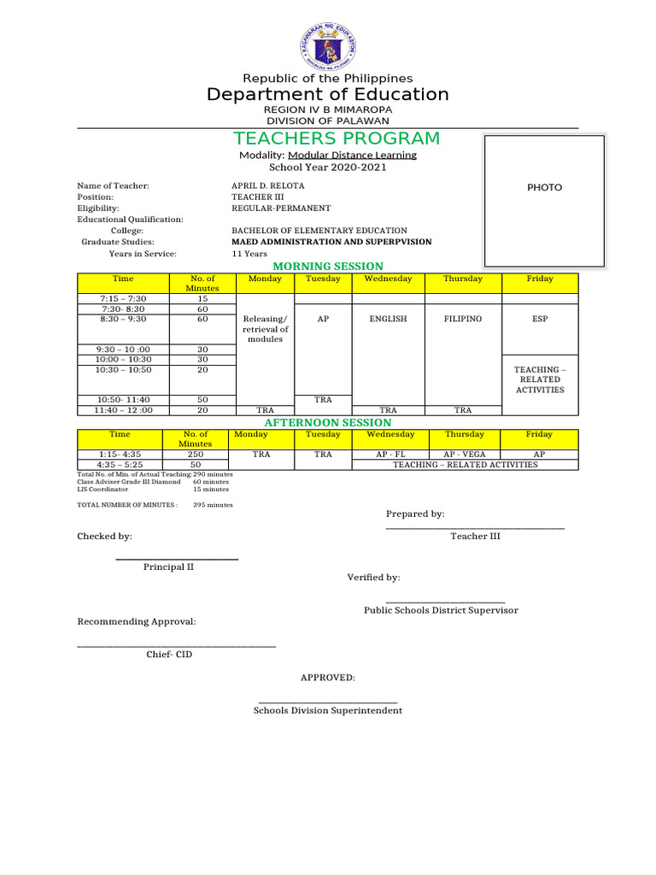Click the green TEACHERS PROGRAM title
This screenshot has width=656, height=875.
337,138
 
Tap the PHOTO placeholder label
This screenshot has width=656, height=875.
544,187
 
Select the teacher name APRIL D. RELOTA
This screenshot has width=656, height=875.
267,185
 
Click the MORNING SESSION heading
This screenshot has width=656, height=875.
328,267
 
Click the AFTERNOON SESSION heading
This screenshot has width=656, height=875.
328,423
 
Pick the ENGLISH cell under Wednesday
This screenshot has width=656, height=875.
388,319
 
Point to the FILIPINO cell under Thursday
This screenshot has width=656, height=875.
462,319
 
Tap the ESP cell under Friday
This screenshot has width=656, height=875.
539,319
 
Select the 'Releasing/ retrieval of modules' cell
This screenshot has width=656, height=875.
265,329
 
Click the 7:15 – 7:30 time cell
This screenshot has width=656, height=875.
123,298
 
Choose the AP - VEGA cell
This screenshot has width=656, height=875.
463,455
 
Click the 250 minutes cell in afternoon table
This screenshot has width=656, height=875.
196,455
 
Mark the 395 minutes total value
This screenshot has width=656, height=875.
213,505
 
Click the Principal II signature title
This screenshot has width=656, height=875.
174,567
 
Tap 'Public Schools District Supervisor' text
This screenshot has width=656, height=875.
441,610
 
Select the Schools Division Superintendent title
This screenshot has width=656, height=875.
328,710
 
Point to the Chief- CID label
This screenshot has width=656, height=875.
169,655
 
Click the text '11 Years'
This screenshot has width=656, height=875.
249,254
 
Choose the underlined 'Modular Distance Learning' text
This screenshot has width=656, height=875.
352,156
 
